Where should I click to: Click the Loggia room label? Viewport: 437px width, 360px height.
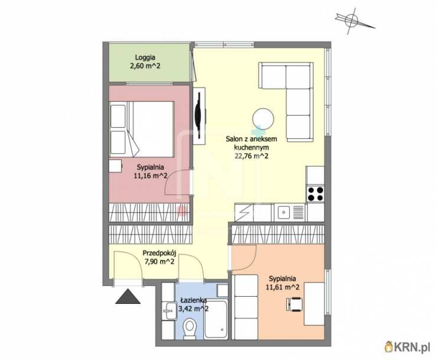point(145,57)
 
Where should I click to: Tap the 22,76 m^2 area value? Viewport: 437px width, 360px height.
point(252,156)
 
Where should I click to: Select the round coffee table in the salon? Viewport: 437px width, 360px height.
point(263,119)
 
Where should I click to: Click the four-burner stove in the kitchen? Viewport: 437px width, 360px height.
point(315,194)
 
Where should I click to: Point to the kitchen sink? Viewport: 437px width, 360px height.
point(283,212)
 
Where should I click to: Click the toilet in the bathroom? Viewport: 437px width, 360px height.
point(190,329)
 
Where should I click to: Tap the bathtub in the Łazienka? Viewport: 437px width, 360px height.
point(216,320)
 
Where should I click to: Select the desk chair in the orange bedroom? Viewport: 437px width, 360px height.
point(294,304)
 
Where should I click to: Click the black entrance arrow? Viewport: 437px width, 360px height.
point(128,296)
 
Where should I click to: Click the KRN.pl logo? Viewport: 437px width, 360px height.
point(407,347)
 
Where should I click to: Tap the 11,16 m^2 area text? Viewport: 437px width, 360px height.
point(151,176)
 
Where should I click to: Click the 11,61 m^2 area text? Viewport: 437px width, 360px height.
point(283,287)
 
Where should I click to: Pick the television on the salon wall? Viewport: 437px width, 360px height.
point(198,115)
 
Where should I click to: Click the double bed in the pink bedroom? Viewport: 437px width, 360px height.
point(142,129)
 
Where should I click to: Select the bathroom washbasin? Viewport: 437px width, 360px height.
point(169,310)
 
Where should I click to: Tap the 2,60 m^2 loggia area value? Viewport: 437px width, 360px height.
point(145,66)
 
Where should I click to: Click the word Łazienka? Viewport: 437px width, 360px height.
point(194,300)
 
